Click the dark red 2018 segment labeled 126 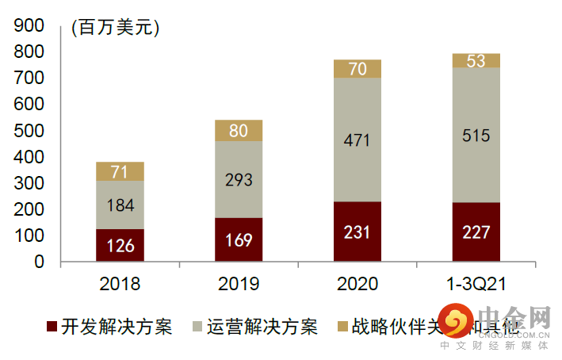coord(120,245)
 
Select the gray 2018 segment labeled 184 coord(120,205)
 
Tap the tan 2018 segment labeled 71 coord(120,171)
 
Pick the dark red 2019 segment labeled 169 coord(239,239)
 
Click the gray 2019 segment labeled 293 coord(239,179)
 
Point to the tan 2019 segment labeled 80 coord(239,131)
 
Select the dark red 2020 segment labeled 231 coord(357,232)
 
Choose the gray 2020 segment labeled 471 coord(357,140)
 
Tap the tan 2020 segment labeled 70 coord(357,69)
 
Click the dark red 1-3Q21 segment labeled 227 coord(476,232)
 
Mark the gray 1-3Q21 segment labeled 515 coord(476,135)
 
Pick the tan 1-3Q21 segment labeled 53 coord(476,61)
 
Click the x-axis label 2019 coord(239,283)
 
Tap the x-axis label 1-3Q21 coord(476,283)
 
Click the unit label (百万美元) coord(116,28)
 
